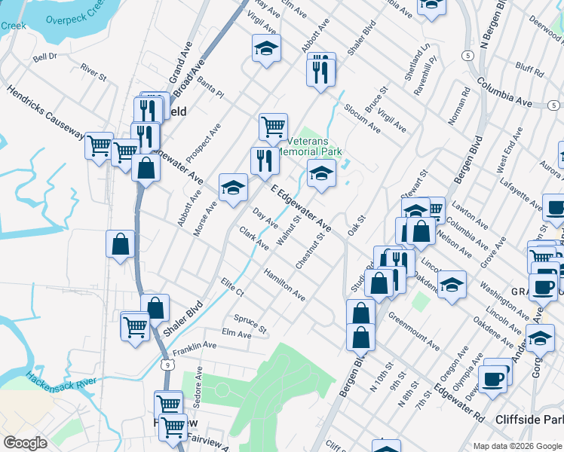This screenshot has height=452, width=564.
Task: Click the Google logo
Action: coord(25,443)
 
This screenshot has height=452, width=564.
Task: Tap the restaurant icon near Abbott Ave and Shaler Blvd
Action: coord(320,70)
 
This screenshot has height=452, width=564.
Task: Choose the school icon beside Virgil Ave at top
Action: coord(265,50)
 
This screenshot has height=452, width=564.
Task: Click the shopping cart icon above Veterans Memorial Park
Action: coord(273,127)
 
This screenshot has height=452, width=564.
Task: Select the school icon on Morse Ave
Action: coord(234,188)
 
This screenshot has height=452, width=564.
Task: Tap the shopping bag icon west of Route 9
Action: coord(121,245)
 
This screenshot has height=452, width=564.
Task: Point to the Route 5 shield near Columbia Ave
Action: coord(468,56)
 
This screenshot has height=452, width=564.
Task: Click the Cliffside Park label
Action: coord(529,419)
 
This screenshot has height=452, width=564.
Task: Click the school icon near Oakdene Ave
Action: coord(452,286)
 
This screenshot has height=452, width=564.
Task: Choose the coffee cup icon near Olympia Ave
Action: coord(494,378)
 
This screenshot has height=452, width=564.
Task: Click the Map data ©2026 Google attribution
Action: coord(517,445)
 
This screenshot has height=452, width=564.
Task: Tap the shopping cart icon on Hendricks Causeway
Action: coord(99,145)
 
